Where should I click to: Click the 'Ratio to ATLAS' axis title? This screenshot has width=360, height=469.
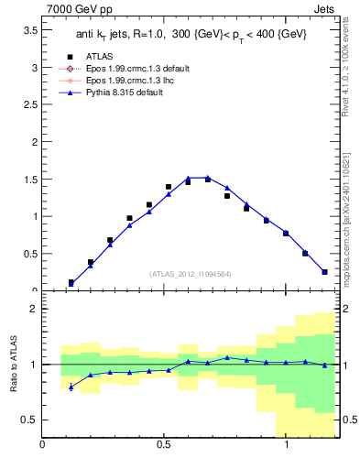(x=12, y=364)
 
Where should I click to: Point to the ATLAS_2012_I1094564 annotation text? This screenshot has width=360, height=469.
(x=190, y=273)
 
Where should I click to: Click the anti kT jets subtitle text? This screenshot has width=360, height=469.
(x=190, y=34)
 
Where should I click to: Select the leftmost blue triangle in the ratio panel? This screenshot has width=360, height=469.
(x=71, y=387)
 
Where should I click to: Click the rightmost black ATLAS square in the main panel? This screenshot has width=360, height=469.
(x=324, y=271)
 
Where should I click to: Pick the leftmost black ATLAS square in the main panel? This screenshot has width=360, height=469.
(x=71, y=282)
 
